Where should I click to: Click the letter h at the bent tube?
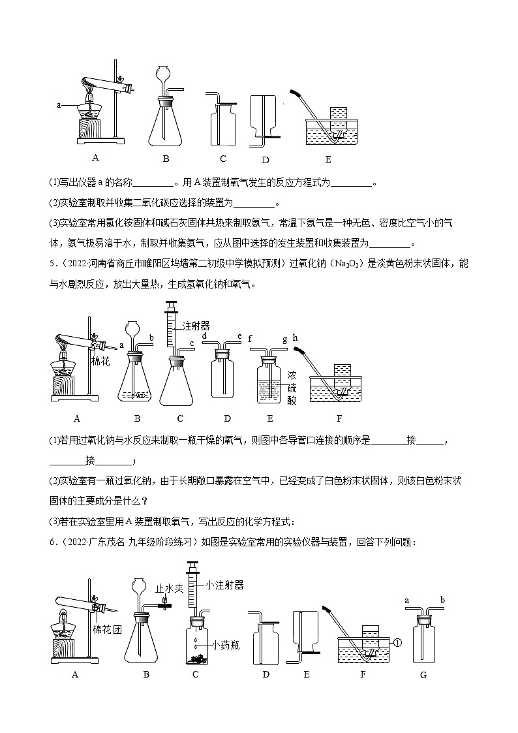(295, 337)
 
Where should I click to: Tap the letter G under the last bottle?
(423, 676)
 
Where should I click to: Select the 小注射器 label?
(224, 585)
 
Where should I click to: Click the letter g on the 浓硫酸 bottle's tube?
(284, 337)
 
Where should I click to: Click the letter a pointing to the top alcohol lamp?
(59, 104)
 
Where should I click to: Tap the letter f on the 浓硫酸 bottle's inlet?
(250, 337)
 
